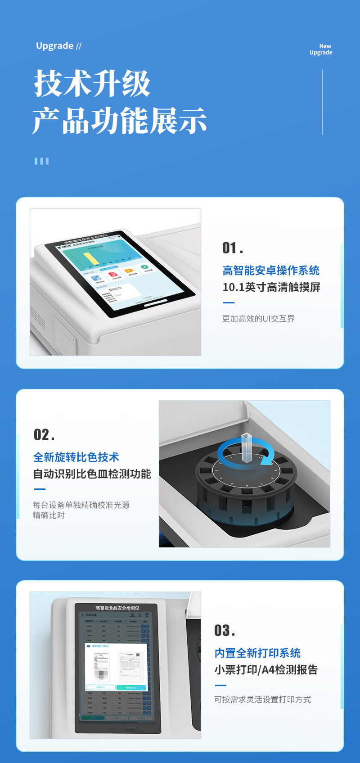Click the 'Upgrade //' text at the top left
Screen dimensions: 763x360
pyautogui.click(x=58, y=46)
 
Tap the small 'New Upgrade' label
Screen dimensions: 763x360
pyautogui.click(x=321, y=50)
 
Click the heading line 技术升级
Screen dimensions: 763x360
pyautogui.click(x=92, y=84)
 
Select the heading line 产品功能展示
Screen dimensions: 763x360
pyautogui.click(x=119, y=121)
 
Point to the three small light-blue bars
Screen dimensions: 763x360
pyautogui.click(x=41, y=161)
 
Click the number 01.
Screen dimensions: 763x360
pyautogui.click(x=233, y=248)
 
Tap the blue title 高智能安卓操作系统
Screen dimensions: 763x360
pyautogui.click(x=271, y=271)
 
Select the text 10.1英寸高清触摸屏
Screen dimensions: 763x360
pyautogui.click(x=271, y=287)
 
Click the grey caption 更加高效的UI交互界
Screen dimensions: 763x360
pyautogui.click(x=258, y=319)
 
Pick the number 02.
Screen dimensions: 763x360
pyautogui.click(x=44, y=435)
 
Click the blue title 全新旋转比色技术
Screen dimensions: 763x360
pyautogui.click(x=76, y=457)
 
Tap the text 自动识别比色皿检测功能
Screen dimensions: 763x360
pyautogui.click(x=92, y=474)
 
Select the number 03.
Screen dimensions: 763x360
pyautogui.click(x=225, y=631)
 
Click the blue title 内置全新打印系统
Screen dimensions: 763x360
pyautogui.click(x=257, y=653)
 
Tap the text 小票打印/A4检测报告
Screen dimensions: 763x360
pyautogui.click(x=266, y=670)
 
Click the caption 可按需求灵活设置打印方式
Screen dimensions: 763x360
pyautogui.click(x=262, y=700)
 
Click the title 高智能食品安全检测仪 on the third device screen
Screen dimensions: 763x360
pyautogui.click(x=117, y=608)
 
